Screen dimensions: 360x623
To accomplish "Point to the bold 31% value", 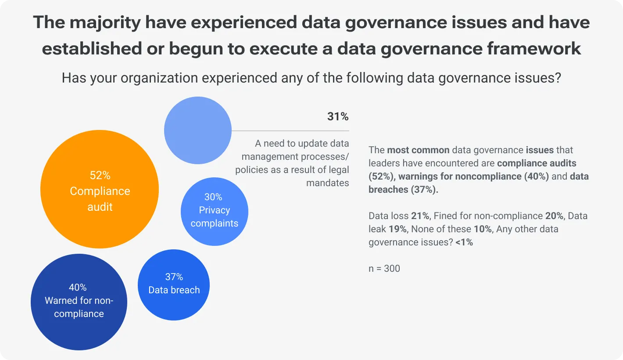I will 338,117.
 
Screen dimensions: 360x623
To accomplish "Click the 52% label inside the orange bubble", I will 100,176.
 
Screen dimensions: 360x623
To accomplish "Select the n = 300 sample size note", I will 384,268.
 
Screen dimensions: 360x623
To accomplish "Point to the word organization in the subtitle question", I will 164,78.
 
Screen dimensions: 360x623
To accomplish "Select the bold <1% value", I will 464,242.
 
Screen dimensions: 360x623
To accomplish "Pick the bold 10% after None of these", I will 483,229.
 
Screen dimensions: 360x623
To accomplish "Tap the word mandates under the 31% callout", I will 328,183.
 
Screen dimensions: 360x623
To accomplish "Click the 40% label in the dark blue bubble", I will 78,288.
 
